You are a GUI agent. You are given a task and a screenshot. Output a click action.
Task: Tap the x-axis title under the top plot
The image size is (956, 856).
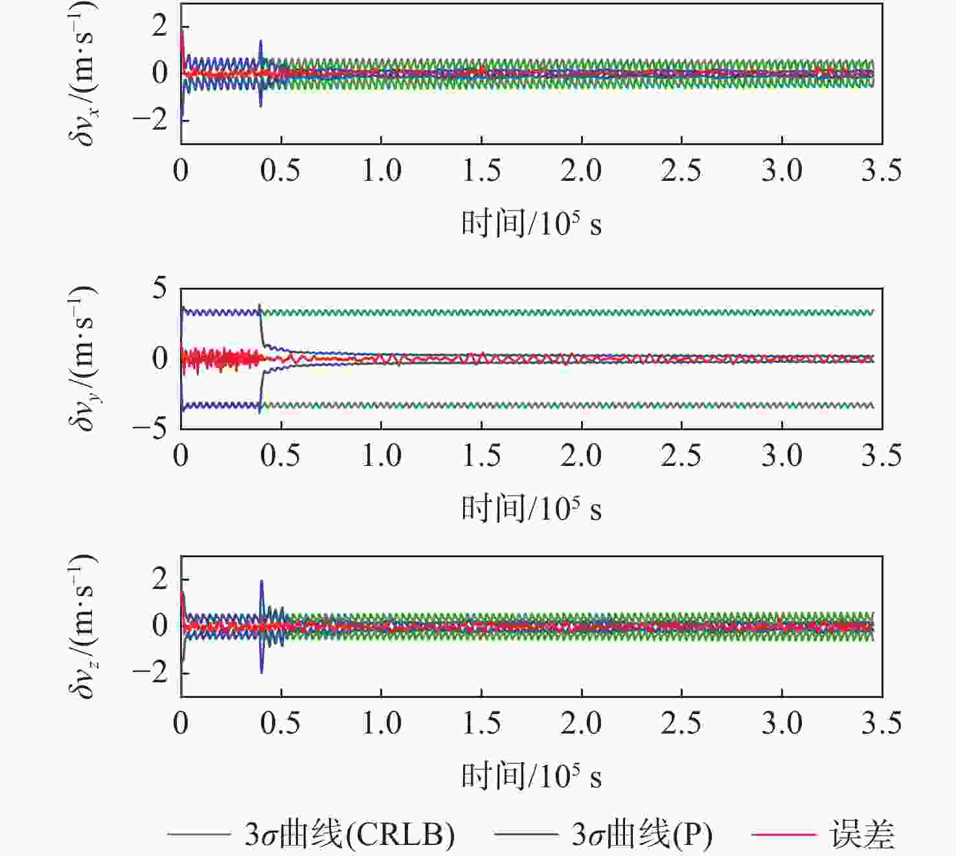531,225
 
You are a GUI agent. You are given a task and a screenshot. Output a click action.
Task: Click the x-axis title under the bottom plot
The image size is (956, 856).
531,776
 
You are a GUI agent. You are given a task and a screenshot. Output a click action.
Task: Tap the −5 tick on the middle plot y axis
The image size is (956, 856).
150,428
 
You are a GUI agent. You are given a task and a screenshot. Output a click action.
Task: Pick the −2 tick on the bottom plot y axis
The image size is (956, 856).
150,672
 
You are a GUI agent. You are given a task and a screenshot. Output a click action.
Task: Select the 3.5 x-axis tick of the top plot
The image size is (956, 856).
881,170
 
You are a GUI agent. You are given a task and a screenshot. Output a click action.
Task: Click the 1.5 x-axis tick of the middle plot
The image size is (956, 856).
481,456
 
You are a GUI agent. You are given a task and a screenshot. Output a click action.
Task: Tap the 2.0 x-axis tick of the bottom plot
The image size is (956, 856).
581,723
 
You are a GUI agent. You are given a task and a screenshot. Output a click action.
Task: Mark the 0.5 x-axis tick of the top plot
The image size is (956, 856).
280,170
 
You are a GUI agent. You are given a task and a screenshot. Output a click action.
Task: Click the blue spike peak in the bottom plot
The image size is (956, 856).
262,581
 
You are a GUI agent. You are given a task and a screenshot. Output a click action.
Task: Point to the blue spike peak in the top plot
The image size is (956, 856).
260,41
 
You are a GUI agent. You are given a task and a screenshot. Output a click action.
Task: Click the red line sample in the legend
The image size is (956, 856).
783,835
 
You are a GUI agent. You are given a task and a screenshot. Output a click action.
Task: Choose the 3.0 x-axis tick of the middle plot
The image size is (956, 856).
782,456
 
